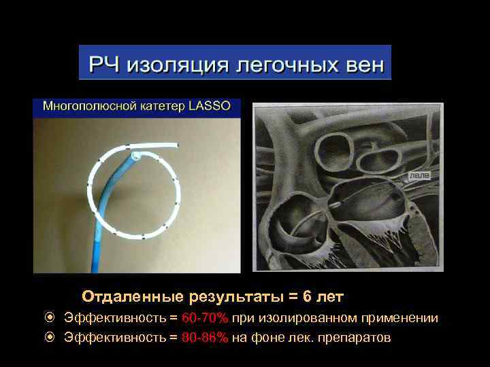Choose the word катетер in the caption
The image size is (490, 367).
point(157,106)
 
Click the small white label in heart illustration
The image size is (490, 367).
point(419,175)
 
